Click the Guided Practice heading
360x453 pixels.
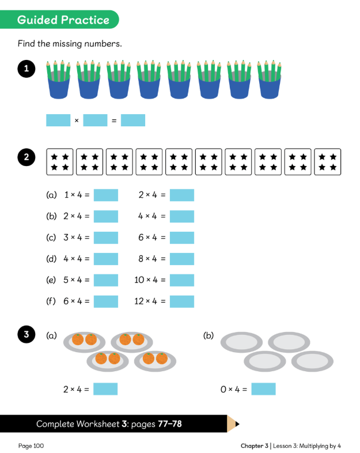63,20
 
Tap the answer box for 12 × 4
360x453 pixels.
181,301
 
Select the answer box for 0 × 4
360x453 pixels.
263,389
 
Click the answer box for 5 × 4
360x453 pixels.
105,280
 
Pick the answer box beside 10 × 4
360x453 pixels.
181,280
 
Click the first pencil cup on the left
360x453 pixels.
58,80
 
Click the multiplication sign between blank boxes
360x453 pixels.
77,120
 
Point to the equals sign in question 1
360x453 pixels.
114,120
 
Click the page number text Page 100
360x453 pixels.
31,446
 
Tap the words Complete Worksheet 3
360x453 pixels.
82,424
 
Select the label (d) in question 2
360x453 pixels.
51,259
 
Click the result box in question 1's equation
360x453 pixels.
133,120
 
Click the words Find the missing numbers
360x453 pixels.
70,44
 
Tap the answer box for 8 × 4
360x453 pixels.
181,259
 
